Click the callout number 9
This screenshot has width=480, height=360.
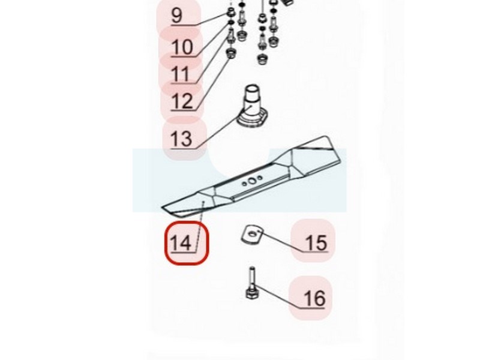(x=177, y=16)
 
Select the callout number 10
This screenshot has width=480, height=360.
(x=182, y=47)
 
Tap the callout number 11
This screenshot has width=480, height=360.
(x=181, y=74)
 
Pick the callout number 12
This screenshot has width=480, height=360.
(x=182, y=101)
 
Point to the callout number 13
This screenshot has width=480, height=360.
(x=182, y=139)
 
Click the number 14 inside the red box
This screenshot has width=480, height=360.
(x=181, y=243)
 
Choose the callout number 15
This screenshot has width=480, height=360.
(x=317, y=243)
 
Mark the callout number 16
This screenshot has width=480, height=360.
(x=314, y=299)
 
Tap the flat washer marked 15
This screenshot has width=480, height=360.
(x=253, y=235)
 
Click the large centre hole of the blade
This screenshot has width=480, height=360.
(x=252, y=181)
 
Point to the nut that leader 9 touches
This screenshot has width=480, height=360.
(x=230, y=13)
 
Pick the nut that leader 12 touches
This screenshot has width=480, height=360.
(x=230, y=54)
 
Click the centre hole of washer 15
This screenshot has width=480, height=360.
(x=252, y=234)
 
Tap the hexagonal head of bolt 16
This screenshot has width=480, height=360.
(x=252, y=292)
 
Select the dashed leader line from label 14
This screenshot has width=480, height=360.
(x=200, y=227)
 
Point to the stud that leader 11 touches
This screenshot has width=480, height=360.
(x=230, y=37)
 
